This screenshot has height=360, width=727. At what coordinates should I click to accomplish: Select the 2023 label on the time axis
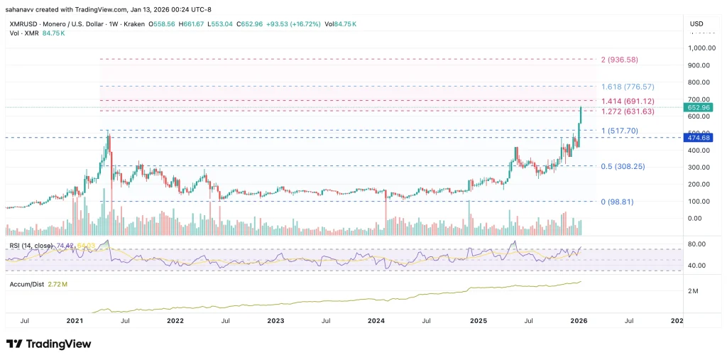pos(275,321)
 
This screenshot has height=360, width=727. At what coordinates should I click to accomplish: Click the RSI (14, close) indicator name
pos(28,246)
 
